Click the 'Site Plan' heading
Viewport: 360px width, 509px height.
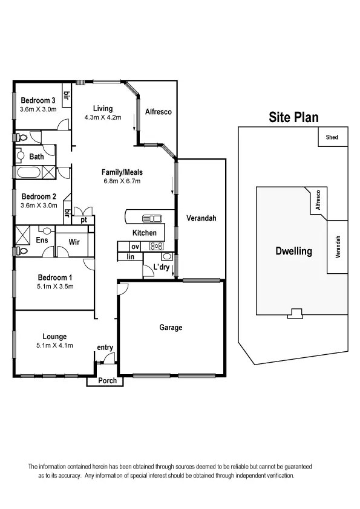pos(293,117)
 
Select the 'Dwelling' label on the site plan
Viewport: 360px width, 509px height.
pos(293,251)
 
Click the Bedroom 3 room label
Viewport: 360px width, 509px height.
pos(38,100)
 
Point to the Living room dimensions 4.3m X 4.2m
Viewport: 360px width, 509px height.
pos(103,117)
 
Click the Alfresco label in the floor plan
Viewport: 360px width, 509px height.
pos(159,112)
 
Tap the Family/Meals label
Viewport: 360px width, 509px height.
pos(122,172)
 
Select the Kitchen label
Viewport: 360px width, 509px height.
pos(145,233)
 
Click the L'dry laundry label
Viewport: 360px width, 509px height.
pos(161,267)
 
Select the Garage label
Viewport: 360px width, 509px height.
pos(171,328)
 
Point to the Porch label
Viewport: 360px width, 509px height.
pos(107,381)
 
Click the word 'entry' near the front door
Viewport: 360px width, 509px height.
pos(105,348)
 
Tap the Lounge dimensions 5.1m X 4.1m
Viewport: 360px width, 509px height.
pos(54,346)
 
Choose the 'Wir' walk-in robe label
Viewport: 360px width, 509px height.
pos(74,241)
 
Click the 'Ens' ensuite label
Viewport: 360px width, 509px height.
pos(41,240)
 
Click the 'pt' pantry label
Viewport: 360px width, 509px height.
pos(84,219)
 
